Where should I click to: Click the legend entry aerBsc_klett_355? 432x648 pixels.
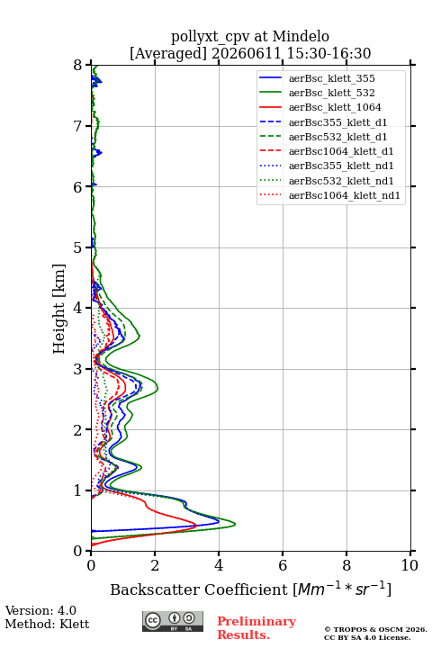click(331, 78)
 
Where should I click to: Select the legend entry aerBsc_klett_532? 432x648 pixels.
click(331, 93)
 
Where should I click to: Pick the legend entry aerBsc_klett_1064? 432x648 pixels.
click(335, 107)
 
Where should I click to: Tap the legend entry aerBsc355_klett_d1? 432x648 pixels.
click(337, 122)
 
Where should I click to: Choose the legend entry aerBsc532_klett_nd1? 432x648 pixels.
click(341, 181)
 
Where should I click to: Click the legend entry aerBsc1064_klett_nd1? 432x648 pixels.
click(345, 195)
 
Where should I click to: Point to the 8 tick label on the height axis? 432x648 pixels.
click(78, 66)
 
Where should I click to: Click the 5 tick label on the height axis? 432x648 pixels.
click(78, 247)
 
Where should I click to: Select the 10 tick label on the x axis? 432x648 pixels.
click(409, 565)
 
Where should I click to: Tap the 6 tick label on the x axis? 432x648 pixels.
click(283, 565)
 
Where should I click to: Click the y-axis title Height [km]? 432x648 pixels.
click(58, 309)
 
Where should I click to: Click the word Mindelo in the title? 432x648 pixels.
click(301, 36)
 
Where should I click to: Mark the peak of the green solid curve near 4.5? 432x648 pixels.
click(235, 525)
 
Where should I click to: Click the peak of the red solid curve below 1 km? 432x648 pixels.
click(196, 526)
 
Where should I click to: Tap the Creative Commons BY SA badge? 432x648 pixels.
click(173, 621)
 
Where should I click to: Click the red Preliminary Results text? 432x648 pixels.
click(256, 628)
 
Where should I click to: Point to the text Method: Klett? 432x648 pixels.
click(47, 624)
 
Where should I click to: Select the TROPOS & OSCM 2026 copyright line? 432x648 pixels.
click(375, 629)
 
